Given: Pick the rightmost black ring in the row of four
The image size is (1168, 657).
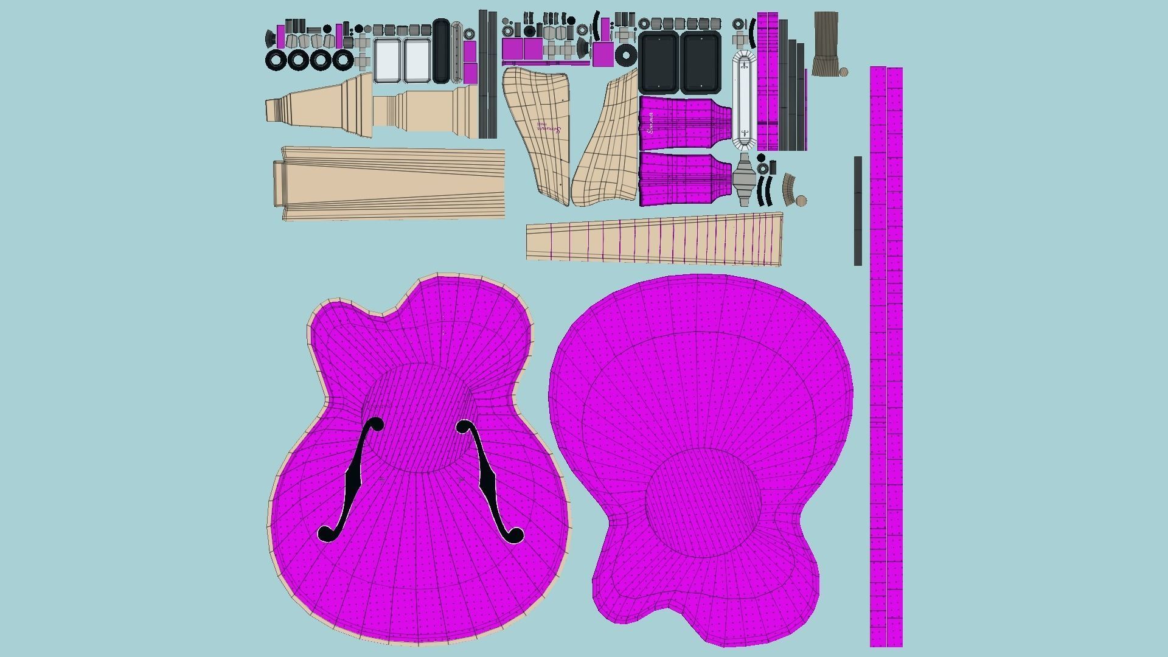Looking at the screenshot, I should tap(342, 60).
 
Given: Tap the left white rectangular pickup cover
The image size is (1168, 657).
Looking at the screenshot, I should tap(388, 60).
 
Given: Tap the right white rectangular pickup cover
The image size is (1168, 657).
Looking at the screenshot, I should tap(417, 60).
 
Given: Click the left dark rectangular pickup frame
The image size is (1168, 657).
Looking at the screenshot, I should tap(658, 62).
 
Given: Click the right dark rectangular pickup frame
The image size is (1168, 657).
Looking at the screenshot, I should tap(701, 62).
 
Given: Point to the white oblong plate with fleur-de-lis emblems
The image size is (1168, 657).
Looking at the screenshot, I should tap(744, 100).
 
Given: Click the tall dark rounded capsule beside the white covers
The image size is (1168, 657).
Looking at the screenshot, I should tap(441, 51).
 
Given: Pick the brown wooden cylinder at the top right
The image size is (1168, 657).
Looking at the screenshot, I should tap(826, 43).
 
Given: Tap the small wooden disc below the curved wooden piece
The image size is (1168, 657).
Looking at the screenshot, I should tap(801, 200).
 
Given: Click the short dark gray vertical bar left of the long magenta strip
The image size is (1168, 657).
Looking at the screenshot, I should tap(858, 210).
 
